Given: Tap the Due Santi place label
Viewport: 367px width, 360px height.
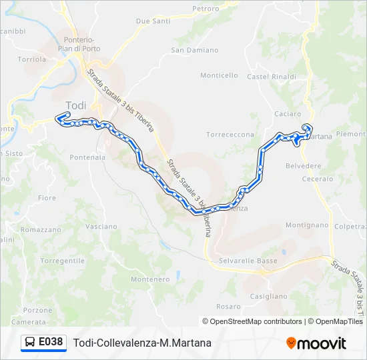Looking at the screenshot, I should coord(153,21).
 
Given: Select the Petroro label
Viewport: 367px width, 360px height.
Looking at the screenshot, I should coord(205,9).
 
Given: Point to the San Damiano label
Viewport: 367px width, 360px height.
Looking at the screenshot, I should coord(195,50).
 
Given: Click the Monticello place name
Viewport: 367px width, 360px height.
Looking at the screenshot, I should coord(219,75).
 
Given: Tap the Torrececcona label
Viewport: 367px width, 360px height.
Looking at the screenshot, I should coord(230,135).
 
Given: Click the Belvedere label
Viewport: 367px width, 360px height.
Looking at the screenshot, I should coord(303,166).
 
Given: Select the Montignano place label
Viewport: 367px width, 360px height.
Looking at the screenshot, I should coord(308,225).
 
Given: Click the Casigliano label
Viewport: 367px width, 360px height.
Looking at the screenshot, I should coord(268,296).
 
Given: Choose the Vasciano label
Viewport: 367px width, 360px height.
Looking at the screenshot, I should coord(101,227).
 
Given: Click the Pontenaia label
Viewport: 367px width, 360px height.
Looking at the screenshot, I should coord(87,158).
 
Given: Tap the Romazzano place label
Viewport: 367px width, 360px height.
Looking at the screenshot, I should coord(41,229).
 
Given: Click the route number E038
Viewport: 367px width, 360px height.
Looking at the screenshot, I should coord(51,342).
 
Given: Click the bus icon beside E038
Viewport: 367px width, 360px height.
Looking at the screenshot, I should coord(30,343).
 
